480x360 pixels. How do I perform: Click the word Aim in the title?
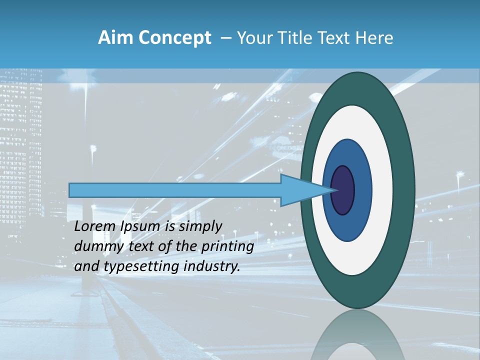pyautogui.click(x=113, y=38)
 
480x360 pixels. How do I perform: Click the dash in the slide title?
pyautogui.click(x=225, y=38)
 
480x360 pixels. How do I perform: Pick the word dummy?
pyautogui.click(x=98, y=246)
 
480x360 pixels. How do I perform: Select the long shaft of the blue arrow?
pyautogui.click(x=175, y=190)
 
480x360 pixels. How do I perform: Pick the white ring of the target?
pyautogui.click(x=382, y=190)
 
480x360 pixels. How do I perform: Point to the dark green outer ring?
pyautogui.click(x=405, y=190)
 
